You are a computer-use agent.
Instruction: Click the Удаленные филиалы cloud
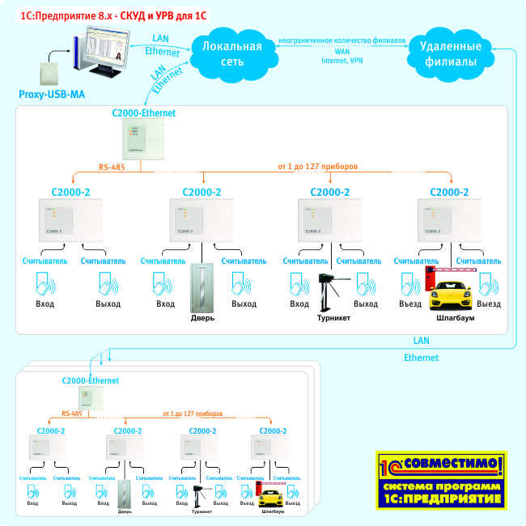pyautogui.click(x=442, y=53)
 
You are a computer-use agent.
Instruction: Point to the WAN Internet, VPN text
pyautogui.click(x=342, y=56)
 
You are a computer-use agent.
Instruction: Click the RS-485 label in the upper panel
pyautogui.click(x=112, y=167)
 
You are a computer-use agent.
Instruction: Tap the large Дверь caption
pyautogui.click(x=203, y=319)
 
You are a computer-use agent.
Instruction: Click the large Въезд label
pyautogui.click(x=411, y=304)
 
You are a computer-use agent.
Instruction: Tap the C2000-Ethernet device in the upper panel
pyautogui.click(x=143, y=138)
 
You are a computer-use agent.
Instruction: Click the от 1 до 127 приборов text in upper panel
pyautogui.click(x=318, y=167)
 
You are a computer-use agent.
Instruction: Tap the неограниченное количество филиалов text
pyautogui.click(x=342, y=40)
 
